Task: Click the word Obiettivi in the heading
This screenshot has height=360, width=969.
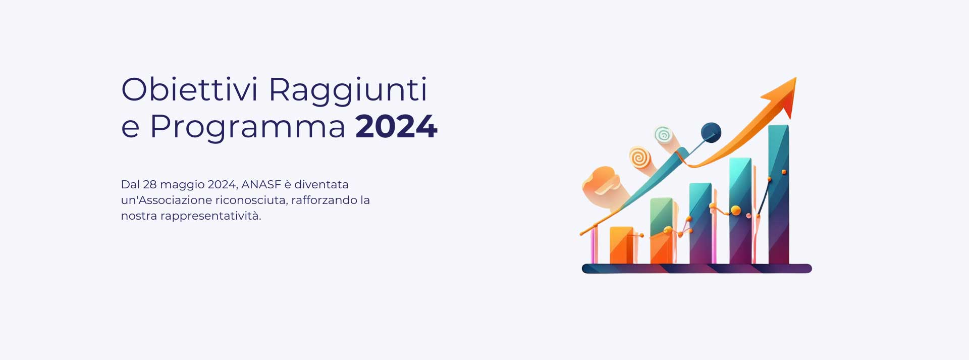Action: click(x=189, y=89)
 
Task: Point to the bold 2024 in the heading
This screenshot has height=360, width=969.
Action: click(x=396, y=126)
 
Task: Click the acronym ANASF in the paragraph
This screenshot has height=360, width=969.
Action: click(x=261, y=184)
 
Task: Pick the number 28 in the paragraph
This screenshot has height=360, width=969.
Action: click(x=149, y=184)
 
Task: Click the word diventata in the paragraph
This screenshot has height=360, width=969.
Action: click(x=321, y=184)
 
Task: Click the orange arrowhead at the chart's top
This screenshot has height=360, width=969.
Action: click(x=782, y=96)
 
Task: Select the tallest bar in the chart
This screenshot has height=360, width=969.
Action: click(x=779, y=194)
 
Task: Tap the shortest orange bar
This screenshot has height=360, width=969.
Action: click(x=621, y=245)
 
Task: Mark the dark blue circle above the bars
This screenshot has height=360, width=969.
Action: click(x=711, y=133)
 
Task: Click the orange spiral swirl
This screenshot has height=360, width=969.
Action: click(x=639, y=157)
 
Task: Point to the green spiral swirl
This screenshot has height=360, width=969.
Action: click(x=663, y=135)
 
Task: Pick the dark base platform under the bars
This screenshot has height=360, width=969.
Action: click(x=697, y=269)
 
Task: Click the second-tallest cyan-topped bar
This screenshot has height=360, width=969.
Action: click(x=740, y=211)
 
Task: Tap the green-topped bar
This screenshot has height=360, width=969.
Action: click(x=661, y=231)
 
